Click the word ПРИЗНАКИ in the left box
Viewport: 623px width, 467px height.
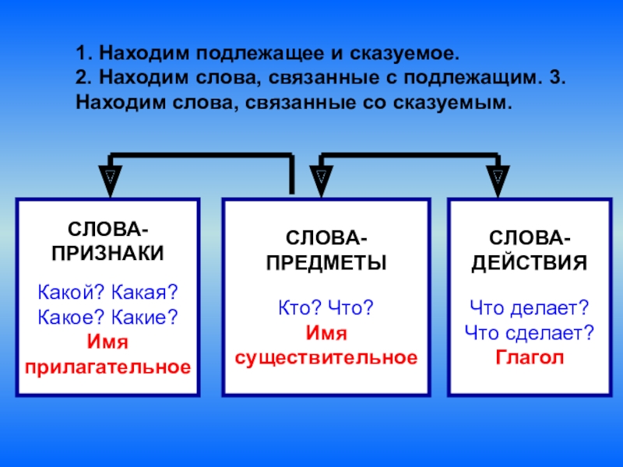click(107, 253)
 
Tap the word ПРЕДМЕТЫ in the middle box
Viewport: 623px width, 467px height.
click(326, 262)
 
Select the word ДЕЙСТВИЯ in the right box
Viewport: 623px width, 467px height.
click(530, 262)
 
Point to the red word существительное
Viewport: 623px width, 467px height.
click(326, 358)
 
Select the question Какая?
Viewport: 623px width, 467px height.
click(145, 293)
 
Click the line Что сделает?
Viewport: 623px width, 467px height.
click(530, 334)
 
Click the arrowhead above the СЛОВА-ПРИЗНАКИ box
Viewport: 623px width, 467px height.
click(110, 178)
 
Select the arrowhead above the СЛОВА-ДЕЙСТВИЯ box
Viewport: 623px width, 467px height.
click(496, 178)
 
